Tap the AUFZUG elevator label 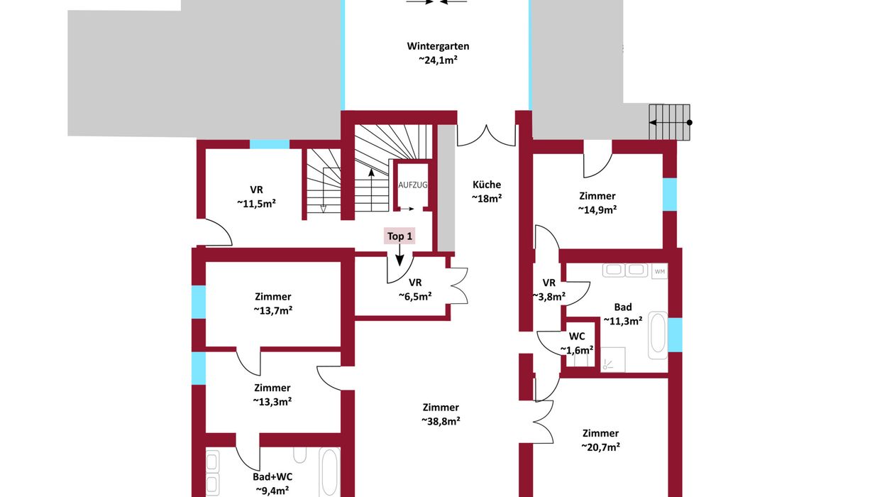413,185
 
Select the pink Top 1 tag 399,236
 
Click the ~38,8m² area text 441,422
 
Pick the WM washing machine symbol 659,271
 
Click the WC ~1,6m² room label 577,343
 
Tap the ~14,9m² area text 597,210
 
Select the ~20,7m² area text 600,447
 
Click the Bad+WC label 272,476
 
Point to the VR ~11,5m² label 256,197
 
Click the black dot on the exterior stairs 690,123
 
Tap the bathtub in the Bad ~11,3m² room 657,335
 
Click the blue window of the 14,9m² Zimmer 670,195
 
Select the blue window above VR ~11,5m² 270,144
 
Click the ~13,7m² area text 273,310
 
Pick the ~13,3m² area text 272,402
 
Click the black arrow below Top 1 399,255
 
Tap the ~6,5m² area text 415,297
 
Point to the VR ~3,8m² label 549,290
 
